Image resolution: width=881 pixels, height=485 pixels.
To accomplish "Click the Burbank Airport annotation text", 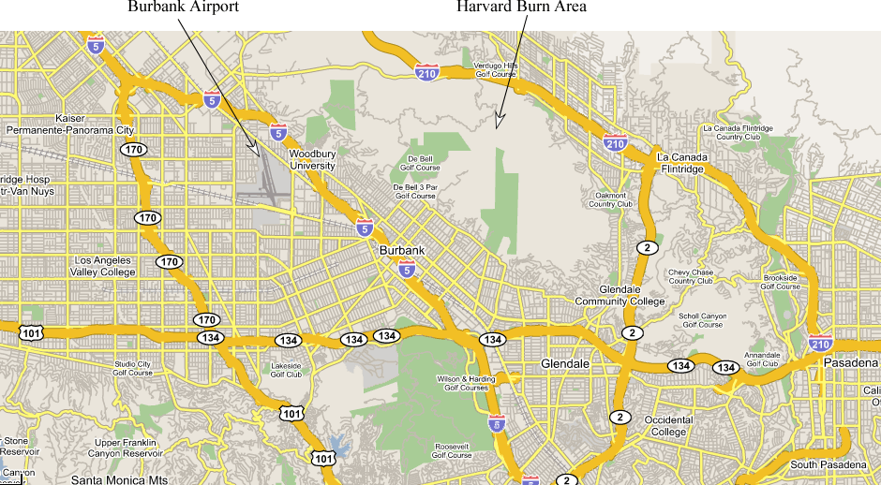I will [x=184, y=7].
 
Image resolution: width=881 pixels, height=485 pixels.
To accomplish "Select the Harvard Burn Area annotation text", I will [x=521, y=7].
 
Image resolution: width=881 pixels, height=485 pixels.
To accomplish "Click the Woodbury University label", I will [x=312, y=159].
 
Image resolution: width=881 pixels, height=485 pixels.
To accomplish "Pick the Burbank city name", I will [x=403, y=251].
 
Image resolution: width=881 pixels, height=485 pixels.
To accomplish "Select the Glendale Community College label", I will [x=620, y=296].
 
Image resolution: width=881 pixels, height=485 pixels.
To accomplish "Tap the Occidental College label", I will [x=668, y=426].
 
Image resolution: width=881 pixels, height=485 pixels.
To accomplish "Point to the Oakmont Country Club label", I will [x=611, y=199].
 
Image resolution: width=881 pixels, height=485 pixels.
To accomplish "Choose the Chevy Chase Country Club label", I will [x=691, y=277].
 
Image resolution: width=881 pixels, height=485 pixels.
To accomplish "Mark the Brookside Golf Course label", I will [x=781, y=282].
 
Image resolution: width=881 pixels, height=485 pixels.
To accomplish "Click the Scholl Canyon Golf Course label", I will [x=702, y=320].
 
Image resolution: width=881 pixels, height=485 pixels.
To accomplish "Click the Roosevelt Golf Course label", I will [x=452, y=450].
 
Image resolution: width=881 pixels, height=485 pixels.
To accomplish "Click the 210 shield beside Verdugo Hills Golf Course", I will [x=426, y=71].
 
